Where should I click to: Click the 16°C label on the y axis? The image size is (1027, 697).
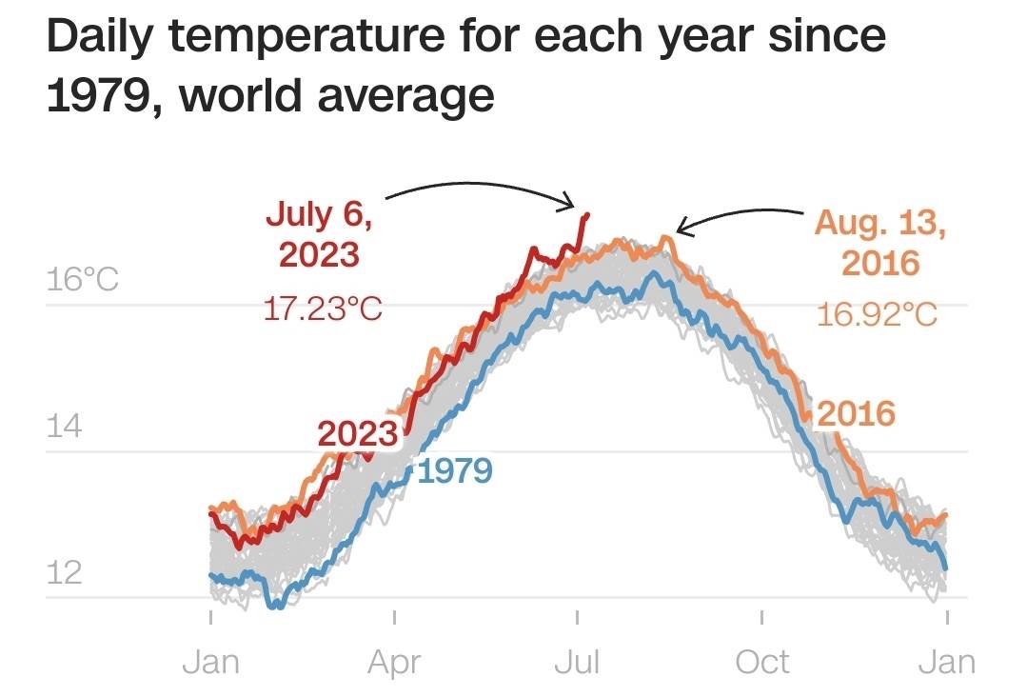click(82, 280)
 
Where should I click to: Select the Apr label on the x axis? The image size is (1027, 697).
click(393, 661)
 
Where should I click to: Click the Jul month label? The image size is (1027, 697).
click(577, 661)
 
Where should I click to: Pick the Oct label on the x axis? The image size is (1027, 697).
click(761, 661)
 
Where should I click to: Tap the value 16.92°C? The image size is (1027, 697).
click(877, 313)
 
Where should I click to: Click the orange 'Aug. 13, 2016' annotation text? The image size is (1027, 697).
click(880, 243)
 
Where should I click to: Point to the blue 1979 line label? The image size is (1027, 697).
click(454, 470)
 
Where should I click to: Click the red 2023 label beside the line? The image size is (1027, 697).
click(357, 434)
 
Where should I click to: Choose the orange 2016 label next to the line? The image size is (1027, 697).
click(857, 413)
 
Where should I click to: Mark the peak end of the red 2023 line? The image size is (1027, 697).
click(587, 215)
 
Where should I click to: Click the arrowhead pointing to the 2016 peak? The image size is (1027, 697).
click(680, 228)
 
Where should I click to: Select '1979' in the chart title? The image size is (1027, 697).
click(96, 95)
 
